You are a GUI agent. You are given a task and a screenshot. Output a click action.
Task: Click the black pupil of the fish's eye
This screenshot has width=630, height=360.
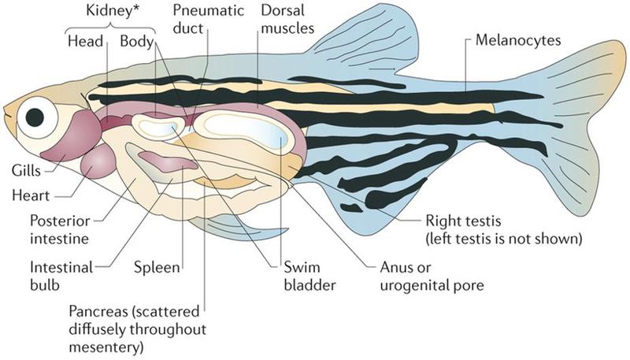click(35, 117)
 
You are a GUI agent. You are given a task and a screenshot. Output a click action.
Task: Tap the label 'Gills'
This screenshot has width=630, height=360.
click(26, 171)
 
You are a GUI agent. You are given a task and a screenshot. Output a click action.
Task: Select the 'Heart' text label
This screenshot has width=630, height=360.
click(31, 195)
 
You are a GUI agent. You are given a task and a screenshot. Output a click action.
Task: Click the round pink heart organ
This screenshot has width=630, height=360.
click(98, 161)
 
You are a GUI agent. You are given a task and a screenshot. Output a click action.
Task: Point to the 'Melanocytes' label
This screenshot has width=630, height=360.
click(518, 40)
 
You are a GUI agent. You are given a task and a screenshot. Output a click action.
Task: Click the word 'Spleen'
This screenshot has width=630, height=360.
click(157, 268)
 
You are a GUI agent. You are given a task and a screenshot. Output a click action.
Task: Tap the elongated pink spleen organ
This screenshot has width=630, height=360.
click(168, 161)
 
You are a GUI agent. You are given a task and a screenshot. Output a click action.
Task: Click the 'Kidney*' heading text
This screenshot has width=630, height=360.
click(109, 11)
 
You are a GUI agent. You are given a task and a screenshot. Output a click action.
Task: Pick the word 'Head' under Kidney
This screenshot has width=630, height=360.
click(85, 41)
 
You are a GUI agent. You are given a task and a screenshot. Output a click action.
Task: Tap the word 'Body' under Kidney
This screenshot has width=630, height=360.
click(136, 42)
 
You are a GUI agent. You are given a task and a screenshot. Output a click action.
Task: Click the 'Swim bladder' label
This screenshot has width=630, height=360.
click(309, 276)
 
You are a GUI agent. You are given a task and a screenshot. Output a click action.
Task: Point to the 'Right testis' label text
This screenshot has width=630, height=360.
click(463, 221)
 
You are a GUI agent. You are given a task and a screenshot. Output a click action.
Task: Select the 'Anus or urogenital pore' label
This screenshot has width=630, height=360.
click(432, 276)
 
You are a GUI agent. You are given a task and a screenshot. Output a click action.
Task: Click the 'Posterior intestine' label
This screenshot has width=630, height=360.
click(60, 230)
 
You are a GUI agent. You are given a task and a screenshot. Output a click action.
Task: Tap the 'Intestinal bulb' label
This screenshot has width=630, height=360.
click(61, 276)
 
